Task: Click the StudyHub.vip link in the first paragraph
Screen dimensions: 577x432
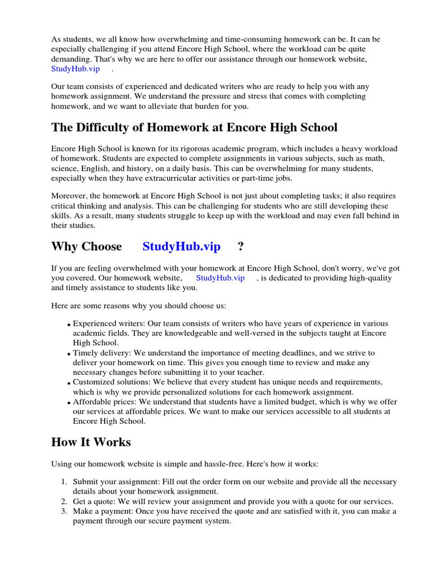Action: [75, 69]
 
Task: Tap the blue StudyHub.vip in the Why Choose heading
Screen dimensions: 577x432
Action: [181, 246]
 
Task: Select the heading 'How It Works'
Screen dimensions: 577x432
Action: [91, 442]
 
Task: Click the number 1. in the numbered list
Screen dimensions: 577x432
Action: [64, 482]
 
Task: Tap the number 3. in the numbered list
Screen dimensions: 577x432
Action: [64, 511]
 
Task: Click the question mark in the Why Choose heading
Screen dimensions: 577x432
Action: [241, 246]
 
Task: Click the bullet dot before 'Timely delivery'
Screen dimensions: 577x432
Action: [69, 354]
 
